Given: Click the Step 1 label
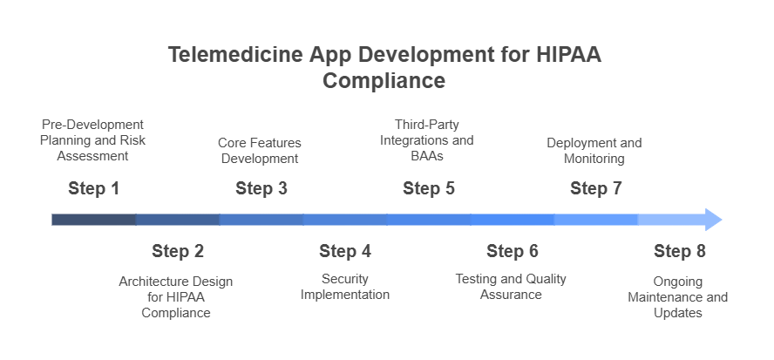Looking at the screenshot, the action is pyautogui.click(x=94, y=188).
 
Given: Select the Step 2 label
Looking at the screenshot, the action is pyautogui.click(x=178, y=251).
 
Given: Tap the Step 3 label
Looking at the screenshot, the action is pyautogui.click(x=261, y=188).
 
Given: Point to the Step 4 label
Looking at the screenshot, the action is pyautogui.click(x=345, y=251).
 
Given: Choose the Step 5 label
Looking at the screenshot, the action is pyautogui.click(x=429, y=188).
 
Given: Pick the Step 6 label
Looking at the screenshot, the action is pyautogui.click(x=513, y=251).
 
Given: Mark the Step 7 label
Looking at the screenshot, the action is pyautogui.click(x=596, y=188).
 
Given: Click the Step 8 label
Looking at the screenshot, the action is pyautogui.click(x=680, y=251).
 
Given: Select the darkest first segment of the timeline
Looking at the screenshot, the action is pyautogui.click(x=94, y=220).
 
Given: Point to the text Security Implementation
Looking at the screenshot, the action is pyautogui.click(x=345, y=287).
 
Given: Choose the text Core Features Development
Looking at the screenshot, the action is pyautogui.click(x=260, y=151).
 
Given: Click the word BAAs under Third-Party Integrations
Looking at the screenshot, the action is pyautogui.click(x=427, y=156).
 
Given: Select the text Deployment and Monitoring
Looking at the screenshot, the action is pyautogui.click(x=594, y=151).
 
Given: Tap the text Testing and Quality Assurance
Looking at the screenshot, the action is pyautogui.click(x=511, y=287).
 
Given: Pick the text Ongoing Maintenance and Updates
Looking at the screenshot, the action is pyautogui.click(x=678, y=297).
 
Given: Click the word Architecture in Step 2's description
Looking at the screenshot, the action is pyautogui.click(x=154, y=282).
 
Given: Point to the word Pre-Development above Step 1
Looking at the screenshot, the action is pyautogui.click(x=92, y=125).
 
